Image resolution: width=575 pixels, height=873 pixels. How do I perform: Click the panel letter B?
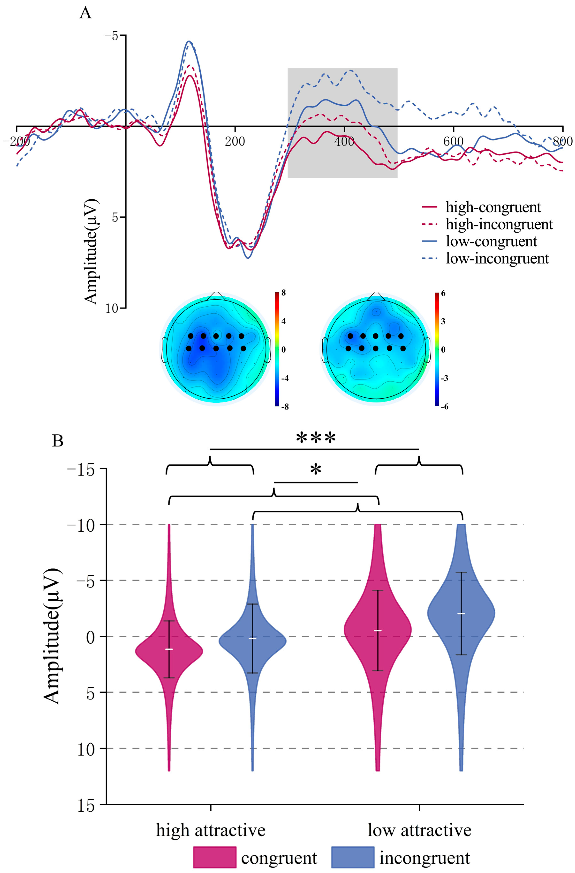click(x=58, y=441)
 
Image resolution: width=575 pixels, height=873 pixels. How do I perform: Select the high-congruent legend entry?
click(x=493, y=207)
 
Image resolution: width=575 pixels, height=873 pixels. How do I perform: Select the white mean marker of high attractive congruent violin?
click(x=169, y=649)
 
